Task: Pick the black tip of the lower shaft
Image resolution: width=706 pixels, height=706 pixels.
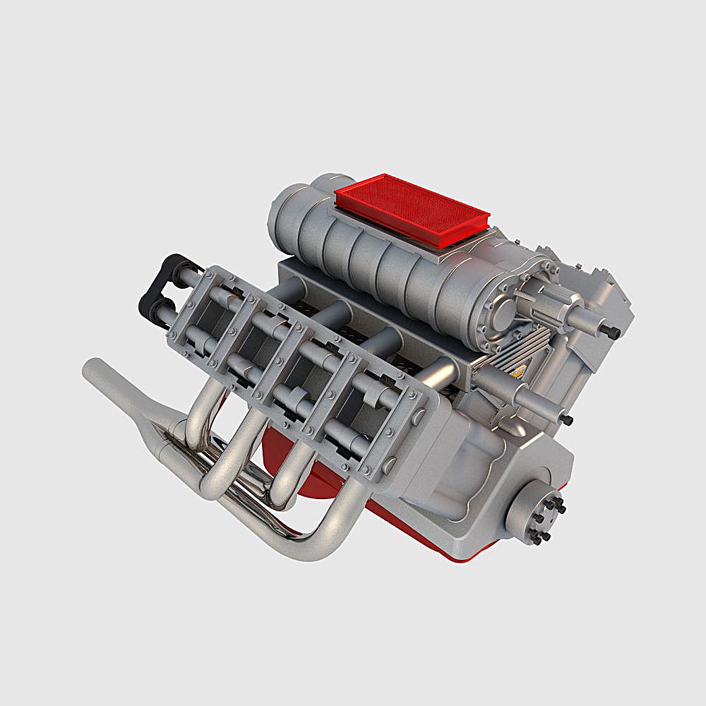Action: (x=567, y=420)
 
